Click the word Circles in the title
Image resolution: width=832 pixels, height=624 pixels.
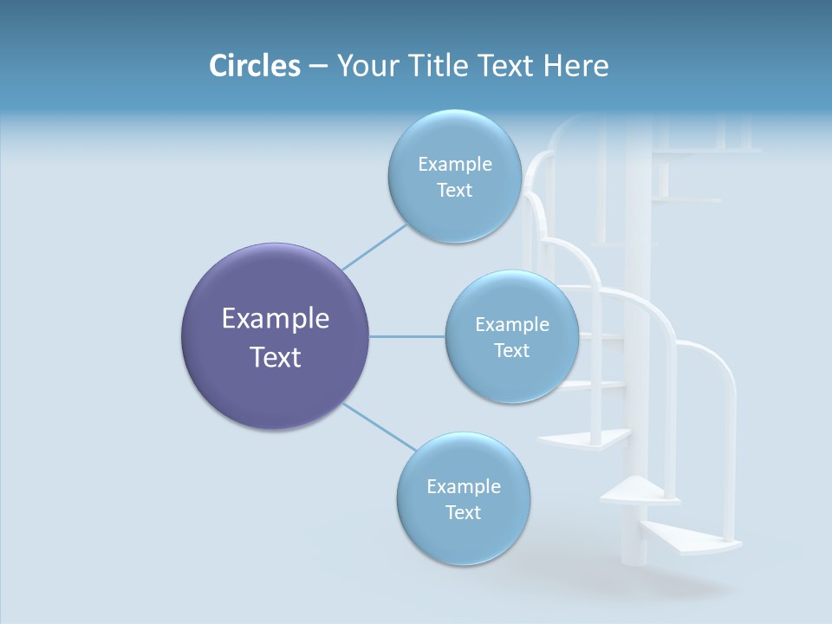tap(255, 66)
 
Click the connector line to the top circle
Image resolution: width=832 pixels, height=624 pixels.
tap(374, 246)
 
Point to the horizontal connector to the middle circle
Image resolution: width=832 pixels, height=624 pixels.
tap(407, 336)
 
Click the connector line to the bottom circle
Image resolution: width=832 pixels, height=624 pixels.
tap(380, 427)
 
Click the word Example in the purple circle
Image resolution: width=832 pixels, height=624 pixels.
tap(276, 319)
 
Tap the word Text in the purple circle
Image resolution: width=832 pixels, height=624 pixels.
tap(276, 357)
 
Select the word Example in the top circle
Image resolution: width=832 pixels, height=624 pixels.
tap(454, 165)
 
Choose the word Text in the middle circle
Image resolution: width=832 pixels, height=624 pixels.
tap(511, 350)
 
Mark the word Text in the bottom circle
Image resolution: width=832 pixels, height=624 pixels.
tap(463, 512)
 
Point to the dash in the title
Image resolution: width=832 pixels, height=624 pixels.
tap(318, 67)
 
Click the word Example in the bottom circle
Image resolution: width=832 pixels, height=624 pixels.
tap(463, 486)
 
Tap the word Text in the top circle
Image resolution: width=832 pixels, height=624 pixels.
tap(454, 191)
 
